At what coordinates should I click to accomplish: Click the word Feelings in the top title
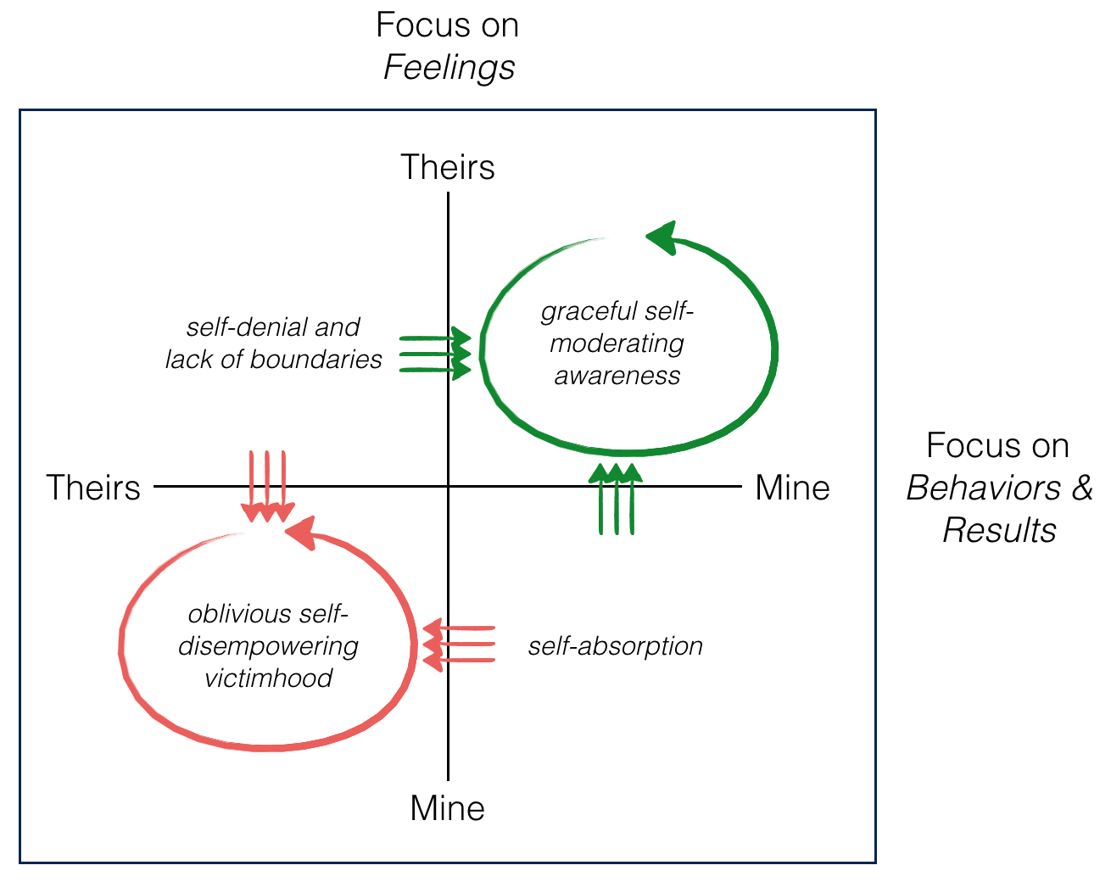(449, 68)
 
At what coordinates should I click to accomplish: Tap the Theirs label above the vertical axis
(448, 167)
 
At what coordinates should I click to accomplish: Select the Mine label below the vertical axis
(448, 808)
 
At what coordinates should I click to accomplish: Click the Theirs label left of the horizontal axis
(93, 488)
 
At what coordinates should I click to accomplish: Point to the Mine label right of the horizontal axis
(792, 488)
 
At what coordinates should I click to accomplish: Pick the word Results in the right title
(1000, 530)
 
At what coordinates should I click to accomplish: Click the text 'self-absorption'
(616, 646)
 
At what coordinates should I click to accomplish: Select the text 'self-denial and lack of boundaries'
(273, 343)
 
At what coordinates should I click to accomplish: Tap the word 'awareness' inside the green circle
(617, 376)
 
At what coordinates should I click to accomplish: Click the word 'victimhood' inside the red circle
(268, 678)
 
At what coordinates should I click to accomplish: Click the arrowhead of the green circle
(662, 238)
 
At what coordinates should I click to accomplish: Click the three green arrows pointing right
(434, 352)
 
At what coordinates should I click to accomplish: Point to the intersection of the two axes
(448, 487)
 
